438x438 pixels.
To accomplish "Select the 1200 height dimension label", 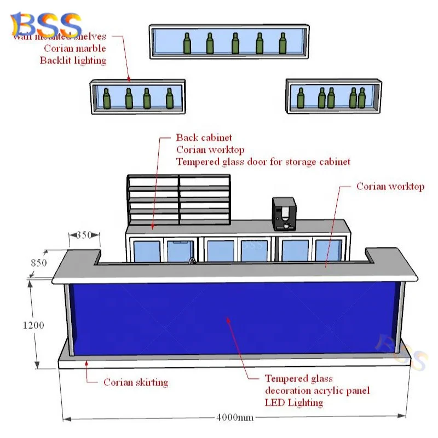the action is coord(33,325).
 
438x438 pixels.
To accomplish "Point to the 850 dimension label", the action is coord(38,262).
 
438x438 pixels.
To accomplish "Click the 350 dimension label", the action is coord(84,235).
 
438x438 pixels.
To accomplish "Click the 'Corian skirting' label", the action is coord(136,382).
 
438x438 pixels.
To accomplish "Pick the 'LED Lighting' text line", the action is coord(294,402).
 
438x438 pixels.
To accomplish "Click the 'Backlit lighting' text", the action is coord(73,60).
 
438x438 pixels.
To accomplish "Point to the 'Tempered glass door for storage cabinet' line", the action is coord(263,162).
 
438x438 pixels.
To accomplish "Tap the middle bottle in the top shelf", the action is coord(235,44).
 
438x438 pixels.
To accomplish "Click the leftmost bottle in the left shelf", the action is coord(107,99).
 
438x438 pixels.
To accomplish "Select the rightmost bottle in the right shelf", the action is coord(361,99).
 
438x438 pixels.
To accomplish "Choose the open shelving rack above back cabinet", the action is coord(178,200).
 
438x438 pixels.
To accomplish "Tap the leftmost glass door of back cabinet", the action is coord(146,251).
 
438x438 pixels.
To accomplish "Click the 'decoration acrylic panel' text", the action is coord(317,390).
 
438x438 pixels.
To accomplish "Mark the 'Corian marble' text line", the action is coord(75,48).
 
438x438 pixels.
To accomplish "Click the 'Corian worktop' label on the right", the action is coord(390,186).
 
